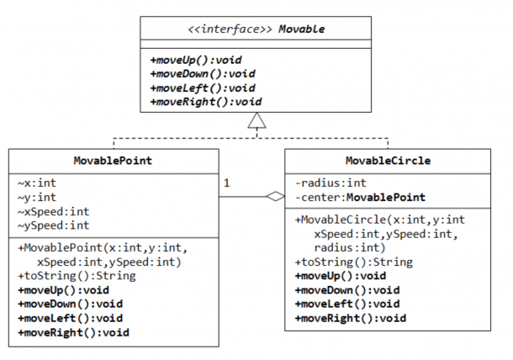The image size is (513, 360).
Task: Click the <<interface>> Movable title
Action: [256, 29]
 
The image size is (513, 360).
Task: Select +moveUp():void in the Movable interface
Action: [196, 61]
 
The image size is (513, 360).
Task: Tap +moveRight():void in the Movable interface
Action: [206, 102]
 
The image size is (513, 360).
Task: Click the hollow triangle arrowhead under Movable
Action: [256, 120]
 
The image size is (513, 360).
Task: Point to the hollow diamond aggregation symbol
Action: [276, 196]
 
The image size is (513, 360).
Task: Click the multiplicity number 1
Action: [226, 183]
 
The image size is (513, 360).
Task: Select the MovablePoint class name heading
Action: [113, 161]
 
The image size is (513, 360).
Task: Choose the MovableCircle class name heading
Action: [388, 161]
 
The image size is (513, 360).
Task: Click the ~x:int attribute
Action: [37, 183]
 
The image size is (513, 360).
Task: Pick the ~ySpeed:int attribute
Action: [54, 225]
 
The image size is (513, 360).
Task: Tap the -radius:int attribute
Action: [331, 183]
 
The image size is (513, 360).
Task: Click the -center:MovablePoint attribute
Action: [360, 198]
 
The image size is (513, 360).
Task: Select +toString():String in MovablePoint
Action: [77, 276]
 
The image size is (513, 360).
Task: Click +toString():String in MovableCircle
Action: [354, 262]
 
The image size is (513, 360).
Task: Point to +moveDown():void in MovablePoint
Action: [71, 304]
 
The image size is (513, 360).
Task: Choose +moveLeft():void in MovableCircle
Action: [347, 304]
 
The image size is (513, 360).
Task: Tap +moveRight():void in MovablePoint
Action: [74, 333]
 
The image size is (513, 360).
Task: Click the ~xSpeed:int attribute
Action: [54, 212]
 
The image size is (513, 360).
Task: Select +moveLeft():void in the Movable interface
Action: [203, 88]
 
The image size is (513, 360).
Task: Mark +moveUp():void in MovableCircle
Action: [341, 276]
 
